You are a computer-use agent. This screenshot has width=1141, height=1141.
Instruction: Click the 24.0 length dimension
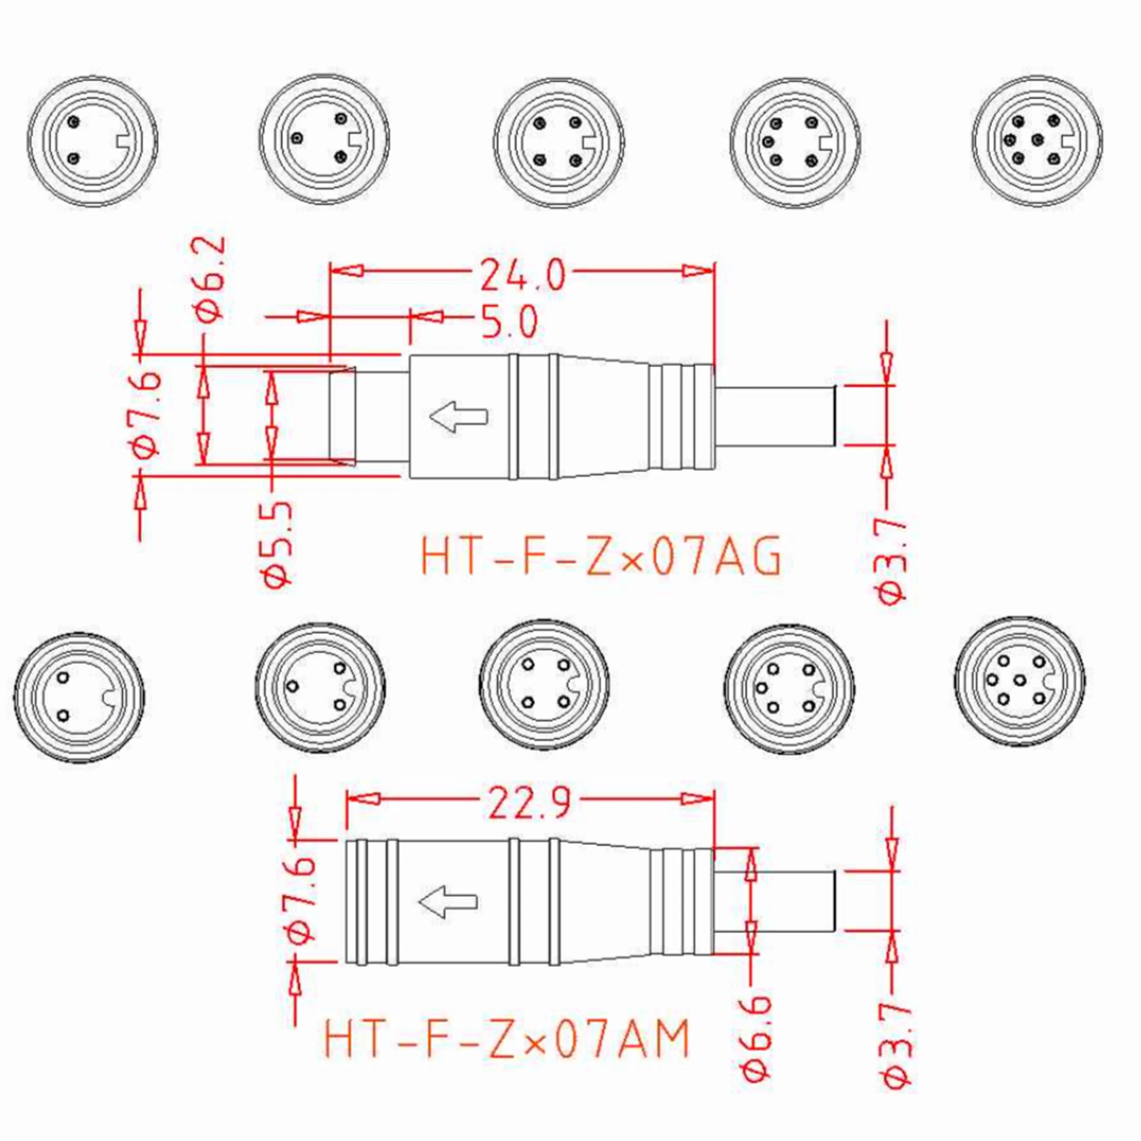click(x=523, y=275)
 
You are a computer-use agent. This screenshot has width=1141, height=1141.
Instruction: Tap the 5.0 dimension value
click(x=509, y=322)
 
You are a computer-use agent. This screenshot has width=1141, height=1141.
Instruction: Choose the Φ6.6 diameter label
click(x=756, y=1045)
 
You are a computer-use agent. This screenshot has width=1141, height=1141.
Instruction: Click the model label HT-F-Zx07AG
click(x=601, y=555)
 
